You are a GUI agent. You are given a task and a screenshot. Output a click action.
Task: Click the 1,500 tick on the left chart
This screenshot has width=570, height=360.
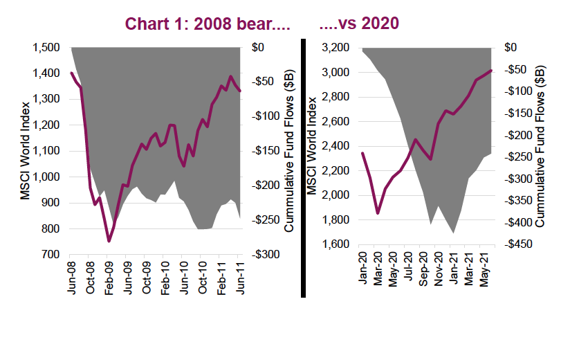coord(48,48)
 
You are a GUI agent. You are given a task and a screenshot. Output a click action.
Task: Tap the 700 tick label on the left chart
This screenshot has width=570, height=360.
coord(53,255)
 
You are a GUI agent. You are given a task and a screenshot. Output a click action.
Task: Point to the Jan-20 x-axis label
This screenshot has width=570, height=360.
coord(361,269)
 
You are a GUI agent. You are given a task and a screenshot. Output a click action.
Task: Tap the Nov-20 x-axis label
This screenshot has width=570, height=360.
coord(438,269)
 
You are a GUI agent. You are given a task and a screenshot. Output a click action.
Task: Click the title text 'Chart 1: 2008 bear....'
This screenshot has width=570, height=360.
coord(206,24)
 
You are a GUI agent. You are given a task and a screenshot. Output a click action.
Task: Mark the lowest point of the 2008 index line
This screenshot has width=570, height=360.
coord(109,241)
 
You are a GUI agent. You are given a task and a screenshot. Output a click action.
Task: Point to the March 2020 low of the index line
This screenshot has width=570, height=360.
coord(378,213)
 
